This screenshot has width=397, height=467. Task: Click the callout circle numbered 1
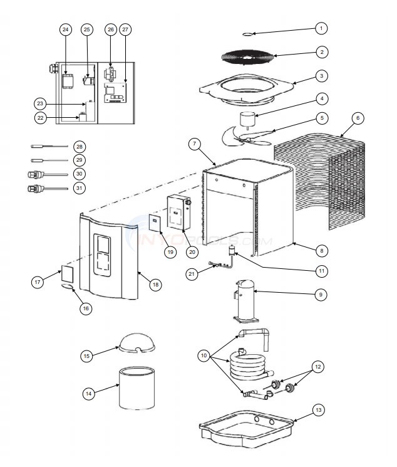[x=321, y=28]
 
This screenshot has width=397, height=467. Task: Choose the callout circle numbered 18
[x=154, y=284]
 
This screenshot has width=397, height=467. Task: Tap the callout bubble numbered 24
[x=66, y=29]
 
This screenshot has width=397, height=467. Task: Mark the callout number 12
[x=319, y=365]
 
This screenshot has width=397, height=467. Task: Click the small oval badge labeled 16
[x=68, y=286]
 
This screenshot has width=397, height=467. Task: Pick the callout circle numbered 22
[x=40, y=117]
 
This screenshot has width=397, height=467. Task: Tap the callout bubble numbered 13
[x=319, y=410]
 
